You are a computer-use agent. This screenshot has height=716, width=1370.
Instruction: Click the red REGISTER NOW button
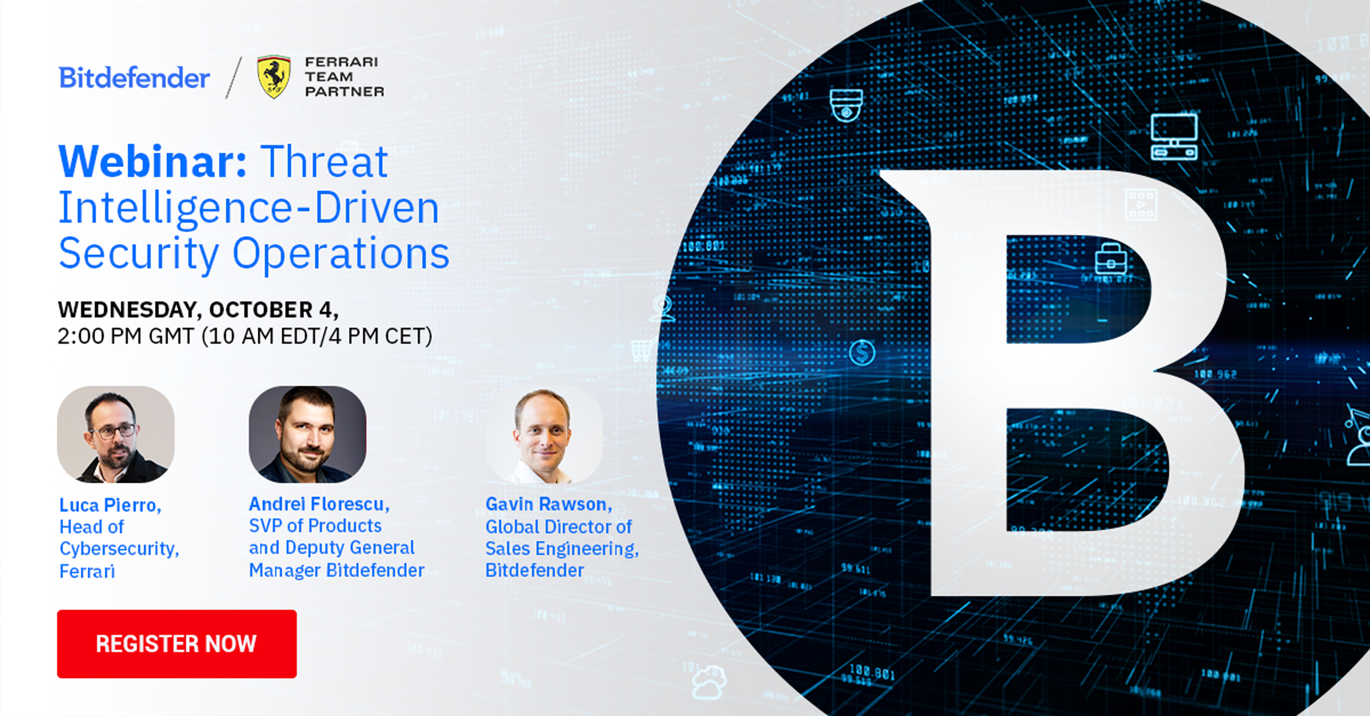click(177, 644)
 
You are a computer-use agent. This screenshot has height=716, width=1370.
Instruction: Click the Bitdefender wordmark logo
click(134, 78)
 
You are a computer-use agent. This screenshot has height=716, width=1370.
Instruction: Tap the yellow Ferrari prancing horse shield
click(274, 77)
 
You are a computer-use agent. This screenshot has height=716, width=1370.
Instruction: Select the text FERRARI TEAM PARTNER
click(343, 77)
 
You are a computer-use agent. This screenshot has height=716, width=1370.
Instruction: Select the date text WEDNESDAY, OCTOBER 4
click(198, 310)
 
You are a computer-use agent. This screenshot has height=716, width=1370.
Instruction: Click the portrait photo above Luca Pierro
click(116, 435)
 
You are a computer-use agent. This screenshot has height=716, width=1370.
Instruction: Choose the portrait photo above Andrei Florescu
click(307, 435)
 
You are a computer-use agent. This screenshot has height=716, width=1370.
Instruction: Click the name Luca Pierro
click(110, 505)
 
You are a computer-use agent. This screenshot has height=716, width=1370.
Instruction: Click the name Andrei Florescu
click(319, 504)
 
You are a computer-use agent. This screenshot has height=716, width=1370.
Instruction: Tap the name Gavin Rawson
click(548, 504)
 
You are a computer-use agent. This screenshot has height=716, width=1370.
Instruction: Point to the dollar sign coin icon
click(862, 352)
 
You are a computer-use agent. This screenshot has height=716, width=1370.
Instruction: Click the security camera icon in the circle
click(846, 105)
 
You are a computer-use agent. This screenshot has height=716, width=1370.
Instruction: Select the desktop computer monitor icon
click(1174, 137)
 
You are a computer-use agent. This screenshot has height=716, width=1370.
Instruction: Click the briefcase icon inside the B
click(1111, 259)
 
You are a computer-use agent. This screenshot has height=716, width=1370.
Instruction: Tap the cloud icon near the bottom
click(708, 683)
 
